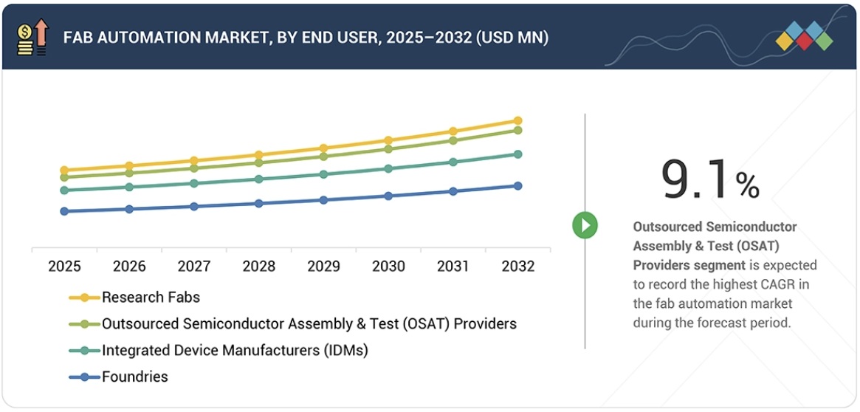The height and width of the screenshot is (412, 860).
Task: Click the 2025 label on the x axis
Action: pos(64,267)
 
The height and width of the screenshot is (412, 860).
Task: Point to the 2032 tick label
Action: pos(517,267)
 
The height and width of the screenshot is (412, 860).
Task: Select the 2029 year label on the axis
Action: pos(323,267)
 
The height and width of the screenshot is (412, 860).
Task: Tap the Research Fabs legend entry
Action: pos(151,298)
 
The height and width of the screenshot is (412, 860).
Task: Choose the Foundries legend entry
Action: pos(135,377)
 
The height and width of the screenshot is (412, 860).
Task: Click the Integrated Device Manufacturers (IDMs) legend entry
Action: pos(235,351)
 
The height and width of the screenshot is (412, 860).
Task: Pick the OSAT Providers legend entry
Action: pos(309,324)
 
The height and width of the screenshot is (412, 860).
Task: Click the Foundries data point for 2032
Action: pos(517,186)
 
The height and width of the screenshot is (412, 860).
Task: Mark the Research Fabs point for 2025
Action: pos(64,171)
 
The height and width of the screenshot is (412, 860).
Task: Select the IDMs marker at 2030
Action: pos(388,168)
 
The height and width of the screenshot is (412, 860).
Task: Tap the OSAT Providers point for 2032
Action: pos(517,130)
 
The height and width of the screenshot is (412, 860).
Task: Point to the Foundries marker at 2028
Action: pos(258,203)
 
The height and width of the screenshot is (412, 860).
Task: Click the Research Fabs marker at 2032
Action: pos(517,120)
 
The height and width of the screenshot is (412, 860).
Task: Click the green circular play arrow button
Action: pos(585,225)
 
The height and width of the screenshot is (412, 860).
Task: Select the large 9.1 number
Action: pos(696,179)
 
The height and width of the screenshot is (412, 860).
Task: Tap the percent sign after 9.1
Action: pos(747,186)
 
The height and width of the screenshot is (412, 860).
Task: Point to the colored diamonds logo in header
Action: pos(804,36)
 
